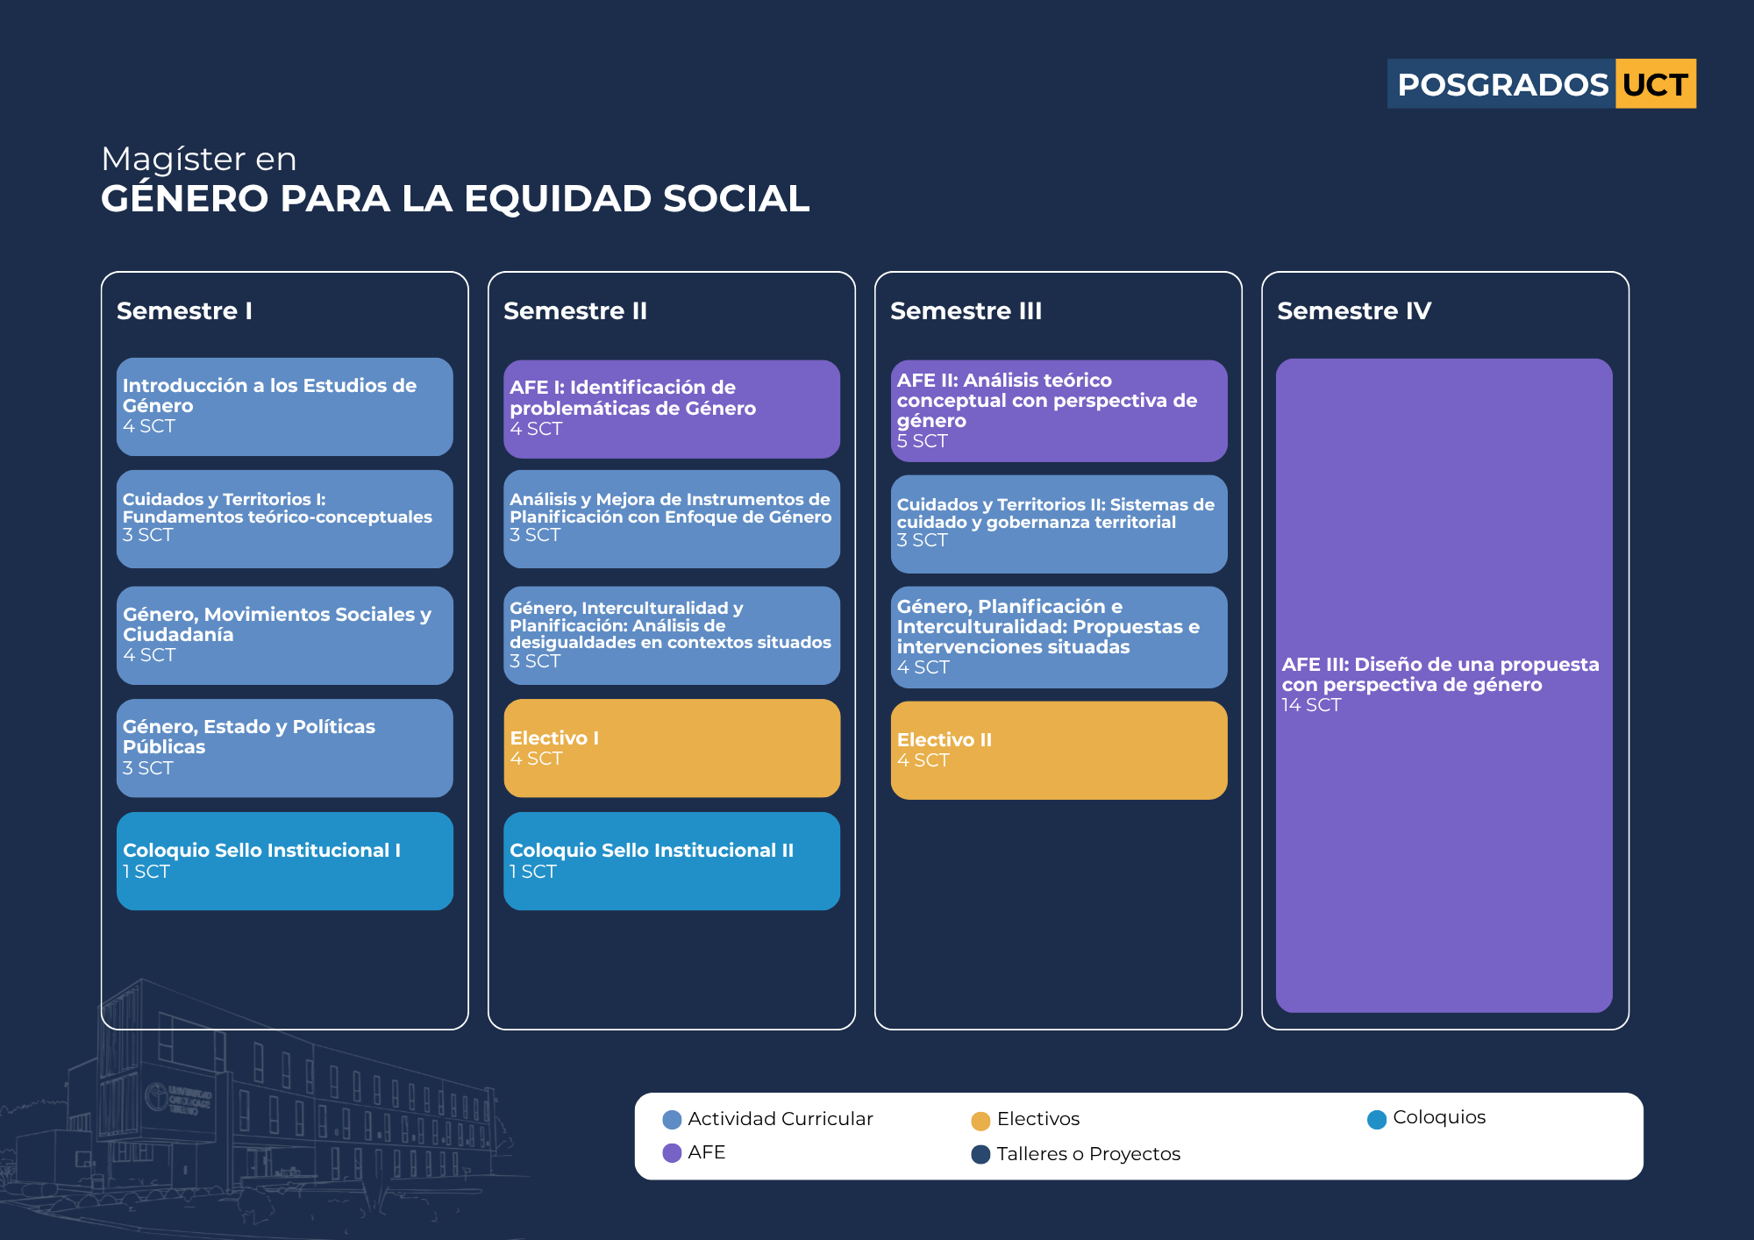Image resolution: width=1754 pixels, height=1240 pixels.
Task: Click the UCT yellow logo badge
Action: (1655, 84)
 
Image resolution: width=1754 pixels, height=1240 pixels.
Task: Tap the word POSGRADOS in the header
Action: (1502, 85)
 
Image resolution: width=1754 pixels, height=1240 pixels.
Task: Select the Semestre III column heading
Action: (966, 310)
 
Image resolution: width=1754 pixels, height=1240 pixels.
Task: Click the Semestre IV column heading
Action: (1354, 310)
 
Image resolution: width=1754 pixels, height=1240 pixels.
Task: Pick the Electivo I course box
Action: (672, 748)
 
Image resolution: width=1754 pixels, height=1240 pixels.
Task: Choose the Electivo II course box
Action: (1059, 750)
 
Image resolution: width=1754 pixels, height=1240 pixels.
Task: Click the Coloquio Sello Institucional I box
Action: (285, 861)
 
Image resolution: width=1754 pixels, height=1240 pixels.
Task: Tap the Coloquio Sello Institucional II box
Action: (672, 861)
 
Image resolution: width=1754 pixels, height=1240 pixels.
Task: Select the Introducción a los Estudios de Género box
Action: (285, 407)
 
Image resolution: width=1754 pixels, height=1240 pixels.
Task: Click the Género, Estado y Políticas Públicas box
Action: (285, 748)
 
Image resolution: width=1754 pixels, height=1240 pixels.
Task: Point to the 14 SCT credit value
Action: (1311, 705)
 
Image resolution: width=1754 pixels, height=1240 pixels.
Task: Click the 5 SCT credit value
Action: (922, 441)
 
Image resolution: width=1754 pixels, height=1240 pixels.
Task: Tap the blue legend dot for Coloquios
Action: (1377, 1119)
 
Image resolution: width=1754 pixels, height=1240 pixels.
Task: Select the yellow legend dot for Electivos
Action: (980, 1121)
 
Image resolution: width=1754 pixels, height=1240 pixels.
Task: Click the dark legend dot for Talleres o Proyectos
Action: (980, 1154)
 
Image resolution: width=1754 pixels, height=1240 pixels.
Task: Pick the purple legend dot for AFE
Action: (672, 1153)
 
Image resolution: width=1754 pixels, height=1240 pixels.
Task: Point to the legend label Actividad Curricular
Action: (781, 1119)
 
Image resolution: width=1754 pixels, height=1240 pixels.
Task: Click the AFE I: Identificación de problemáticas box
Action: (672, 410)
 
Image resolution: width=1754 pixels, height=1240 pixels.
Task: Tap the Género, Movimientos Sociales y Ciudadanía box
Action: (285, 636)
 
